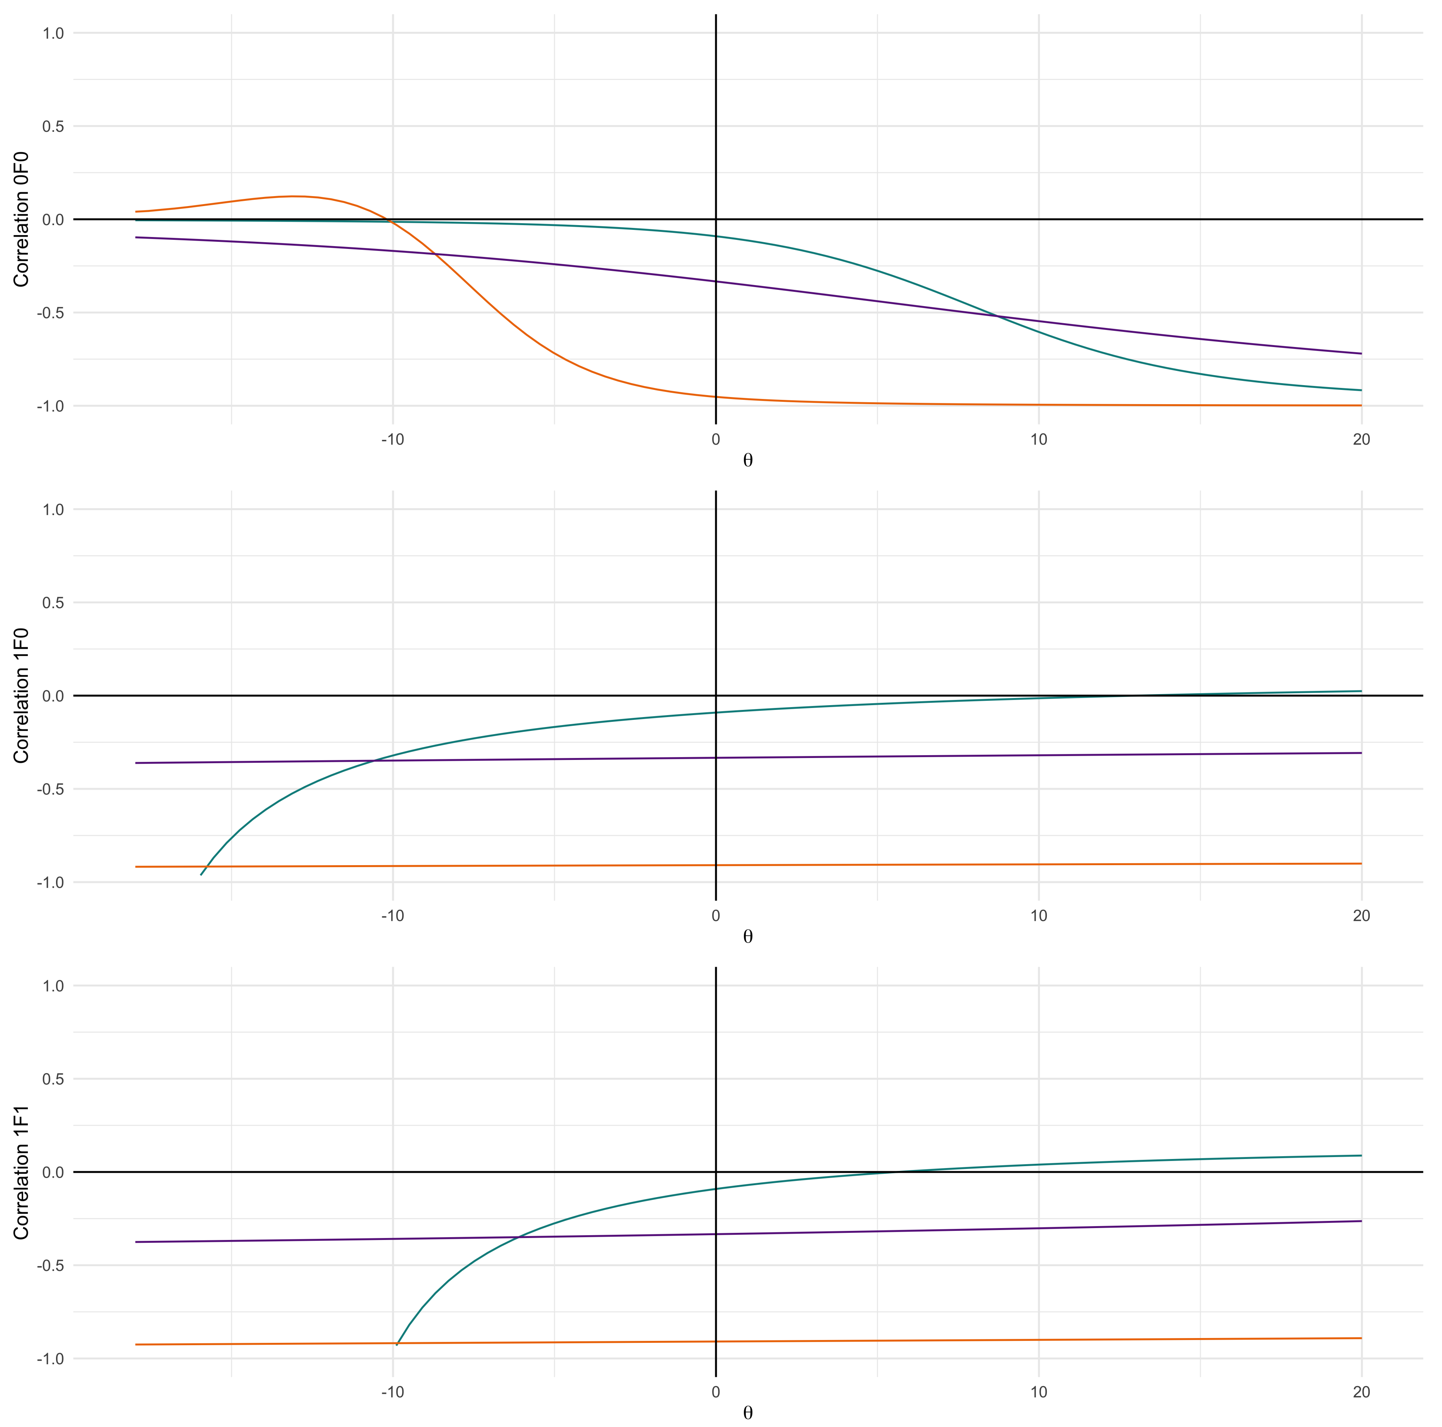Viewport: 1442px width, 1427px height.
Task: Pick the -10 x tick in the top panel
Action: coord(393,440)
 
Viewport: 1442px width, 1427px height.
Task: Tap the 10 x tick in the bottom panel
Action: coord(1038,1392)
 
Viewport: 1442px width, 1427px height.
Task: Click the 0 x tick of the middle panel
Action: coord(716,916)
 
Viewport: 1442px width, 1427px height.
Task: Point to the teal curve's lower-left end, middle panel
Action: coord(201,874)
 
